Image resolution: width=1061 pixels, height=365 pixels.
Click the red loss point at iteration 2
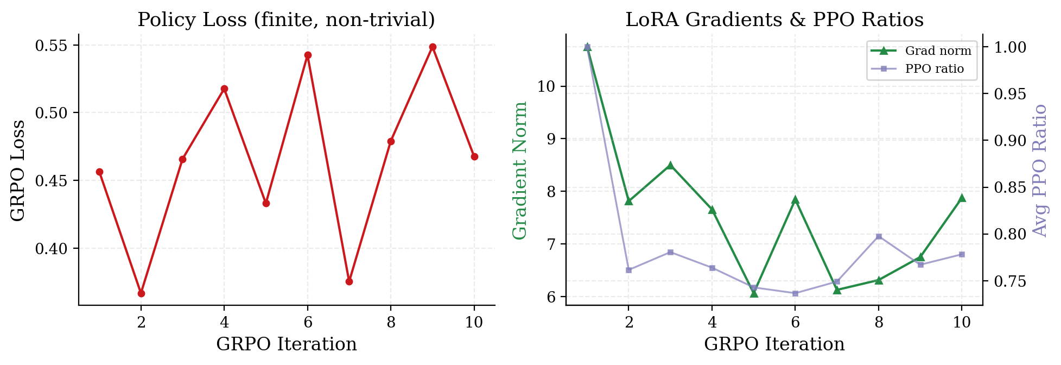tap(141, 293)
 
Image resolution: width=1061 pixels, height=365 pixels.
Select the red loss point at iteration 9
tap(433, 47)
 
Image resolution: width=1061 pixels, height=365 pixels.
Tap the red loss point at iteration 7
tap(350, 281)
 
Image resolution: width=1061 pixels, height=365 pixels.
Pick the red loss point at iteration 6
tap(308, 55)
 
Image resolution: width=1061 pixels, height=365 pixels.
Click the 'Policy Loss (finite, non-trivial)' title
tap(286, 20)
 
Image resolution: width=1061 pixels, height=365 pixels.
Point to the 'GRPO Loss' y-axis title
tap(18, 170)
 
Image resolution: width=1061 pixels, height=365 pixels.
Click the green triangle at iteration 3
tap(670, 165)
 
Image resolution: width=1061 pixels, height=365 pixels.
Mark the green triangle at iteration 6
tap(796, 200)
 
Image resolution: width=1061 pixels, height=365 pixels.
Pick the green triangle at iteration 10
tap(962, 198)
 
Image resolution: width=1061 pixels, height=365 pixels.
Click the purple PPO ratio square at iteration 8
tap(879, 236)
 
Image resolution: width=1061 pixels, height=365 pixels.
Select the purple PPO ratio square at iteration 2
tap(628, 270)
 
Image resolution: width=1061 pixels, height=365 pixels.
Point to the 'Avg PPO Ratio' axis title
tap(1039, 170)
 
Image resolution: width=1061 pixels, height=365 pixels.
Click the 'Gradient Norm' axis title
tap(520, 170)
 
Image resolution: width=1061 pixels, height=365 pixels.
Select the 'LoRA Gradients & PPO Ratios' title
tap(774, 20)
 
